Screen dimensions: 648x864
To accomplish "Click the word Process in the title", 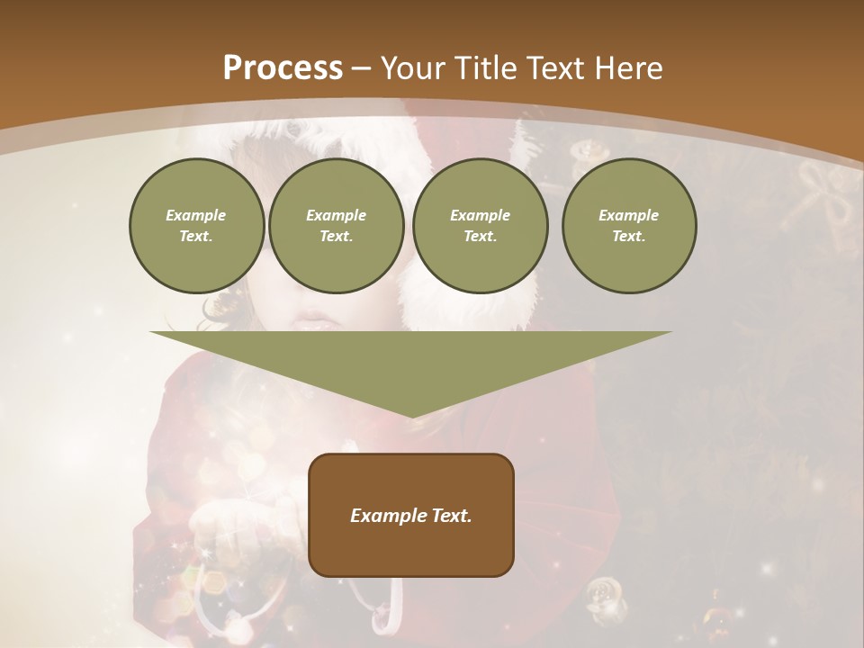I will coord(283,68).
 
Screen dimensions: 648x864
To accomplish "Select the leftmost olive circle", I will coord(196,226).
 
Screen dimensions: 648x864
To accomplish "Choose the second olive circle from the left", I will coord(336,226).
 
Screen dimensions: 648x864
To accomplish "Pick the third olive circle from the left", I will coord(480,226).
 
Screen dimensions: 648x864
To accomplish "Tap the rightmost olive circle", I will coord(629,226).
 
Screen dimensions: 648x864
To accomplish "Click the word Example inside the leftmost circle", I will coord(196,215).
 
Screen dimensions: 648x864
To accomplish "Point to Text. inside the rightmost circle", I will coord(629,237).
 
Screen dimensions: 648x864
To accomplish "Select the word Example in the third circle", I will coord(480,215).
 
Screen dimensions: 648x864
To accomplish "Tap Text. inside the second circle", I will coord(336,237).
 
